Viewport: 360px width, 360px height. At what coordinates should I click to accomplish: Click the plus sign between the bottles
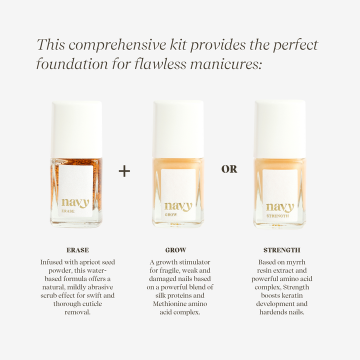124,171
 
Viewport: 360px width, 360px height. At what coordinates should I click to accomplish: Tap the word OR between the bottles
229,169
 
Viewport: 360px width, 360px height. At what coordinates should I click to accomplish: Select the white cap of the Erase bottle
77,129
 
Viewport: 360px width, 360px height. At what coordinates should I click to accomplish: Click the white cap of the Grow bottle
178,129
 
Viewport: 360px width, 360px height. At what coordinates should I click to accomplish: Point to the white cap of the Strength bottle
280,128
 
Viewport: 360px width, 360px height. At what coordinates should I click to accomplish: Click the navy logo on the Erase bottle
75,203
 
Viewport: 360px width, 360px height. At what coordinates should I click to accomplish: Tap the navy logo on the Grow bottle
178,206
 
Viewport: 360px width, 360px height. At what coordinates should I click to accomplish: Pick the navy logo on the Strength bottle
280,207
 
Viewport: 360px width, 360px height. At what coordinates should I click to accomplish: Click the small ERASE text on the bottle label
68,211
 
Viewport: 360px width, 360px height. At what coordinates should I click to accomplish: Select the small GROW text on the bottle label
171,214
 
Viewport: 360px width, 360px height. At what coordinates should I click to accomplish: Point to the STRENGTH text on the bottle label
277,216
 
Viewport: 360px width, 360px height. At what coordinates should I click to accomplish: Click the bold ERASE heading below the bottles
77,250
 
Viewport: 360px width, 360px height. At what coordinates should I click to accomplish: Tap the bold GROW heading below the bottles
175,250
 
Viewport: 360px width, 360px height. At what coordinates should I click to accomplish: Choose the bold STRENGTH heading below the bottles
281,250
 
